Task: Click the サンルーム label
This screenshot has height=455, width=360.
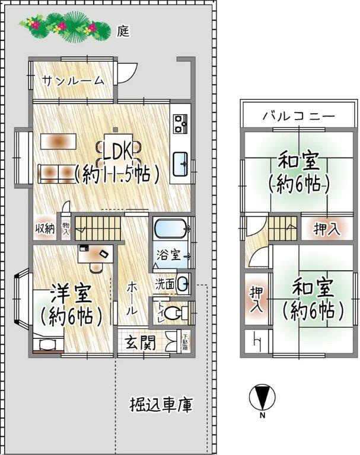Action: pos(73,81)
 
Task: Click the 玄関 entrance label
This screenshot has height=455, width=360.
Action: pos(140,343)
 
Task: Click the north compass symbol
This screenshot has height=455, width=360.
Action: pos(260,398)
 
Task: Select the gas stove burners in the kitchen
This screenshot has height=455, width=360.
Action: pos(181,123)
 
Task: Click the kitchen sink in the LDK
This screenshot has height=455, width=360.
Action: pos(181,164)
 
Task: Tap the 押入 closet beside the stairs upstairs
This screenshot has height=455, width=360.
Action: pos(326,229)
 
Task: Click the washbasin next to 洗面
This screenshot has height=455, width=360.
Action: pos(182,283)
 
